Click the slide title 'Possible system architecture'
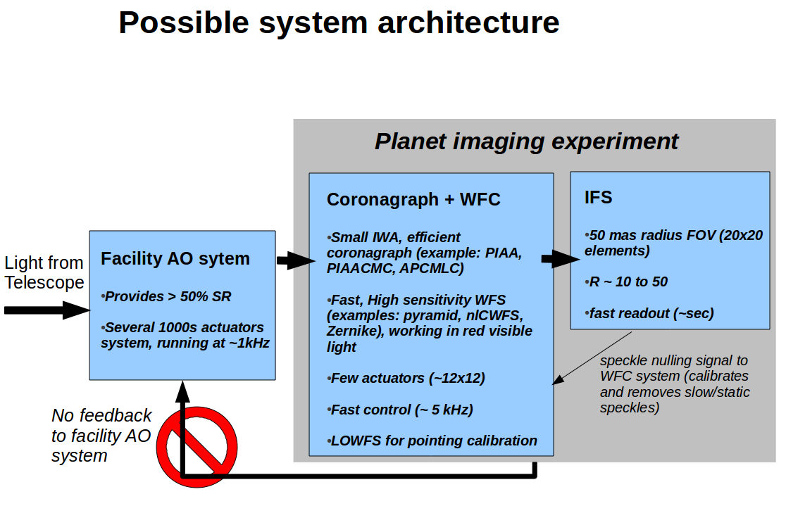point(339,23)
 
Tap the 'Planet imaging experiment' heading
point(526,141)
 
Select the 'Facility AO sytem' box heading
point(175,258)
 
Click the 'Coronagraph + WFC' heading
point(413,199)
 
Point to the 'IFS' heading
point(598,198)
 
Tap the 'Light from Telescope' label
point(44,272)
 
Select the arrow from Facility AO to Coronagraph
point(295,261)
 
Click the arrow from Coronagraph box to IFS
point(561,259)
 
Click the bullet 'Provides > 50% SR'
point(168,296)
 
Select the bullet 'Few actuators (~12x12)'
point(407,378)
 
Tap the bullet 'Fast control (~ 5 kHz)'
point(401,410)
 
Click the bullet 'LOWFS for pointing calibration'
point(432,441)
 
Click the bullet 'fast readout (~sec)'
point(649,313)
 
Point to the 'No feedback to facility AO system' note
point(101,435)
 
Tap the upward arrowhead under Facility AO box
point(182,391)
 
